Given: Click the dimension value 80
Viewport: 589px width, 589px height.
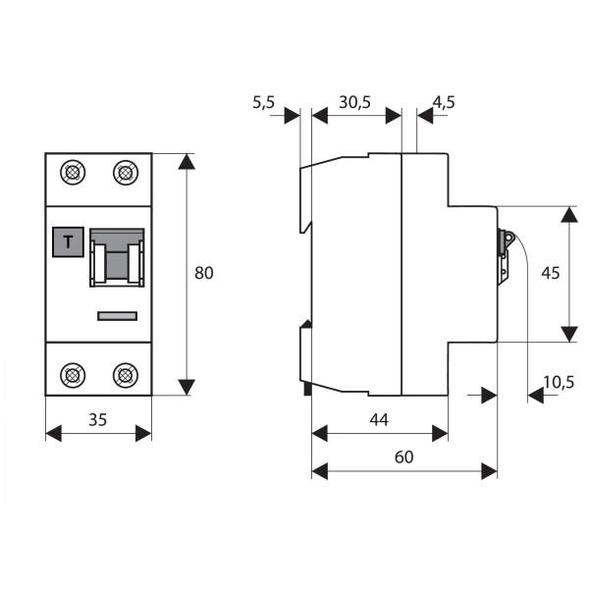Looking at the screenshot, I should coord(203,273).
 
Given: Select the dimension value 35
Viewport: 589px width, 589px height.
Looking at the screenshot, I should coord(98,419).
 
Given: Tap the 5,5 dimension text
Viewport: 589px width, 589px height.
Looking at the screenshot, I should coord(264,101).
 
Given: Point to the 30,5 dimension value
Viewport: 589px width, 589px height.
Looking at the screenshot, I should coord(353,101).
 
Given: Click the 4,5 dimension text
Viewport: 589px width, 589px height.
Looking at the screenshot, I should coord(443,101).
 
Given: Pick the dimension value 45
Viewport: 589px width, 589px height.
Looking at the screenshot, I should coord(550,273).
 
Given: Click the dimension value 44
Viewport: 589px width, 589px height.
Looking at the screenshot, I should coord(379,419).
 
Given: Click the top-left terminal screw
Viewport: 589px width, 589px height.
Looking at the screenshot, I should coord(72,175).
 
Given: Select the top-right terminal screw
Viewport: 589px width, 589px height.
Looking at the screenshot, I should coord(124,175).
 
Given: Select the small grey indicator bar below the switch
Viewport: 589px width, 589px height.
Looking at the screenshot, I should coord(117,316).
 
